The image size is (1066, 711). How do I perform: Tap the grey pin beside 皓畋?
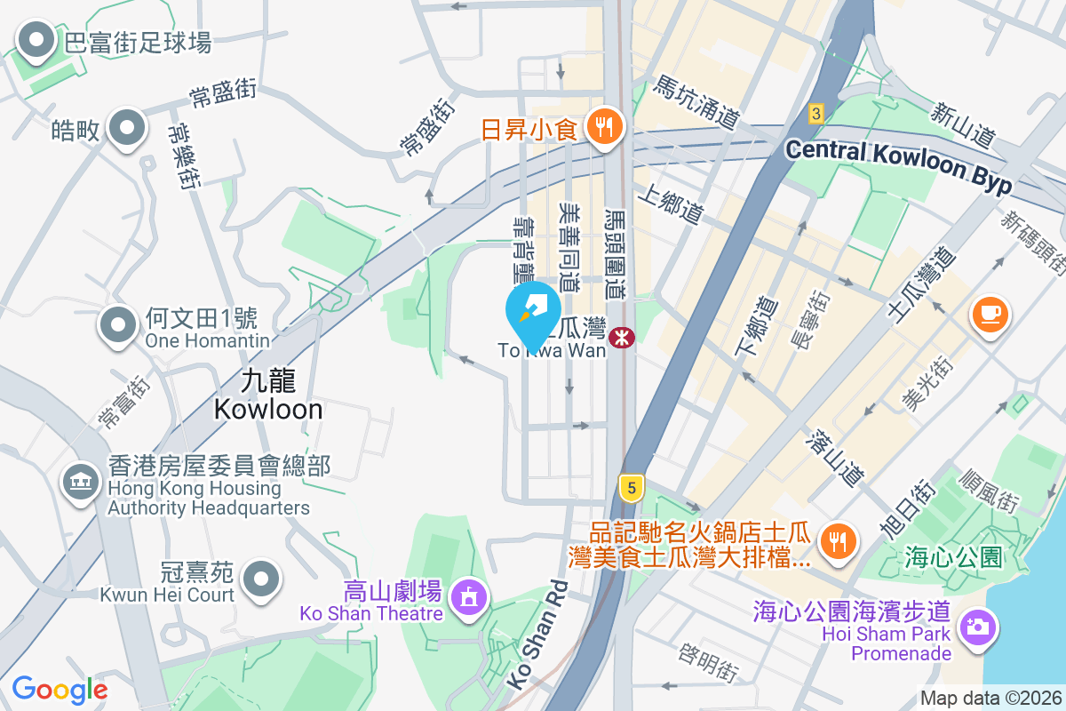126,129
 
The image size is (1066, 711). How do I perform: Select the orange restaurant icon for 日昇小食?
607,127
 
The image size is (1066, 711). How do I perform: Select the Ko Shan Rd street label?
537,634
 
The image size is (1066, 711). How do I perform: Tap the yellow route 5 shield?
631,487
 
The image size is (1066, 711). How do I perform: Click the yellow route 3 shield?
816,113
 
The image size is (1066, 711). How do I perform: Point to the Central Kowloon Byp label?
899,166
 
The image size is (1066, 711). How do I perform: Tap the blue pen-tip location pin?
532,312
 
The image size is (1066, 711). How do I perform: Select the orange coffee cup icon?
990,314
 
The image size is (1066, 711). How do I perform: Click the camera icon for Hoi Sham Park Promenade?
976,626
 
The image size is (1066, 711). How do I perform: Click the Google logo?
60,689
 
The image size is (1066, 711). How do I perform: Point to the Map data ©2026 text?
990,698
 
